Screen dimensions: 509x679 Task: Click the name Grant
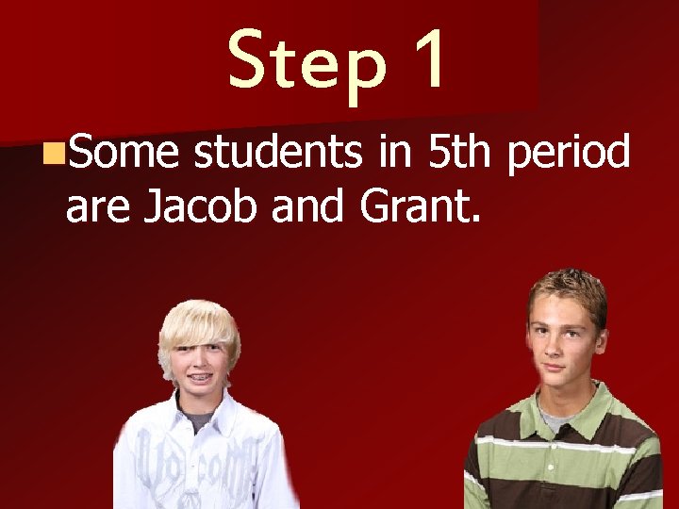pos(421,206)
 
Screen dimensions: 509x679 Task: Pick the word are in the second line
pos(97,209)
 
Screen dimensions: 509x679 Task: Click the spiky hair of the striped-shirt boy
pos(566,287)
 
